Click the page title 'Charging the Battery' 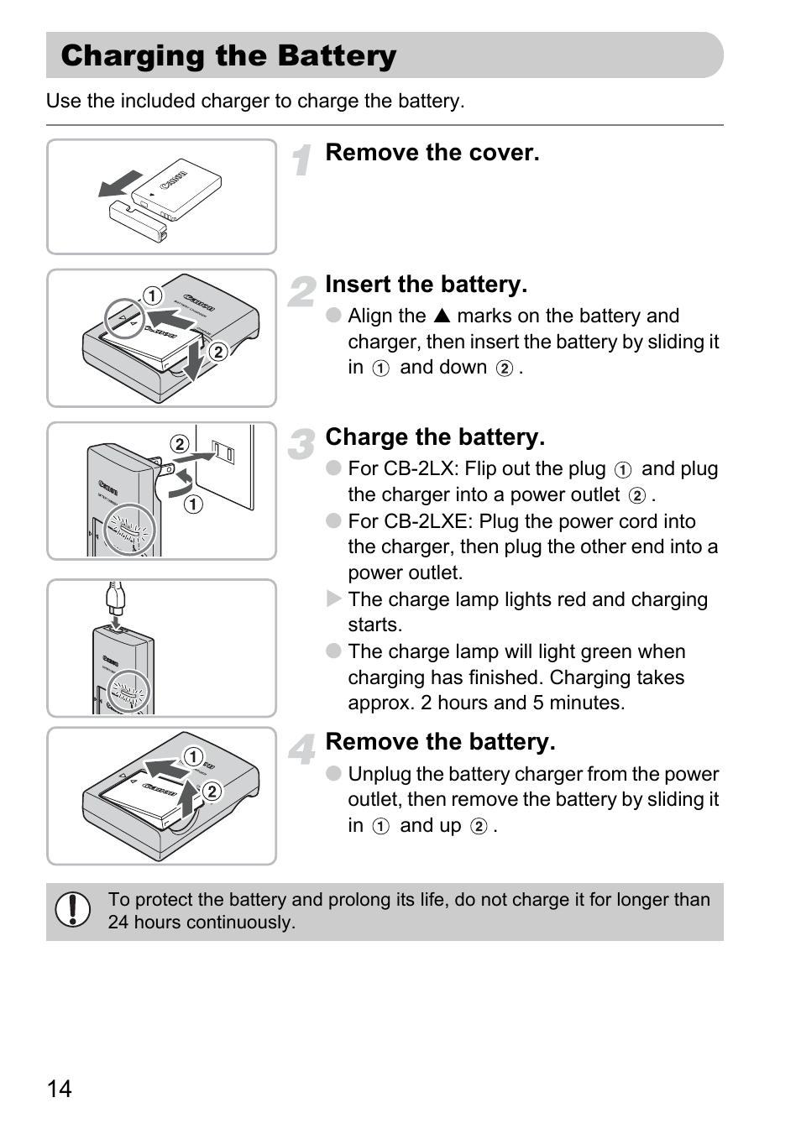tap(228, 56)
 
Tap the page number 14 tap(60, 1089)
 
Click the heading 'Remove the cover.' tap(432, 153)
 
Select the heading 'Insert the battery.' tap(426, 285)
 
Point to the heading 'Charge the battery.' tap(435, 437)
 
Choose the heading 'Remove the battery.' tap(440, 742)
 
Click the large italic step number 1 tap(302, 159)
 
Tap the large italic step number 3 tap(301, 444)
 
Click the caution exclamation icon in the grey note tap(73, 910)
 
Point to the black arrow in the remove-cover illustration tap(120, 183)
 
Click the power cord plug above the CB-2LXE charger tap(116, 599)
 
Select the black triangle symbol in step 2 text tap(442, 316)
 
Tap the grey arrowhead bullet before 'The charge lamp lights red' tap(333, 599)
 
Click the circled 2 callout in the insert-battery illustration tap(218, 352)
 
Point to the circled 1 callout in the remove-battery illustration tap(193, 757)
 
